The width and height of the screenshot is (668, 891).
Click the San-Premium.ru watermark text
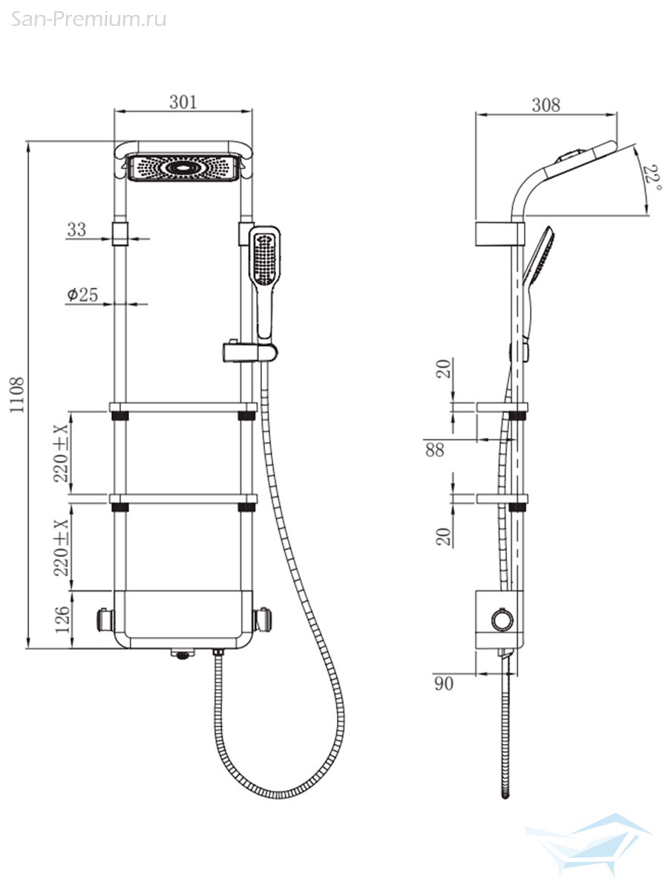click(x=88, y=19)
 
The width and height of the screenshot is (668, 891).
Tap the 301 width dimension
click(x=183, y=102)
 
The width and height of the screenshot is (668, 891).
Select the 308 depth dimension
click(x=546, y=105)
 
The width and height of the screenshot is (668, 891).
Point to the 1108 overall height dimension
click(x=17, y=395)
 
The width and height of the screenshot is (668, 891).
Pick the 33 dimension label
click(x=76, y=229)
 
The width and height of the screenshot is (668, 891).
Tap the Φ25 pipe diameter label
click(x=82, y=295)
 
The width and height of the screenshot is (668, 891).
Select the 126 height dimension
click(x=63, y=620)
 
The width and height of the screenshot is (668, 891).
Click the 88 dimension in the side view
click(x=435, y=450)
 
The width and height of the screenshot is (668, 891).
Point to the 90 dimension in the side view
click(x=444, y=684)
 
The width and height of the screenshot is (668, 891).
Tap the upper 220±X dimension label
click(x=62, y=454)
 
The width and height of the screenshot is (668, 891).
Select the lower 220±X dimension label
click(x=62, y=547)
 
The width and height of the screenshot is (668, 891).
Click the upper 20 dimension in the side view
click(x=444, y=368)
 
